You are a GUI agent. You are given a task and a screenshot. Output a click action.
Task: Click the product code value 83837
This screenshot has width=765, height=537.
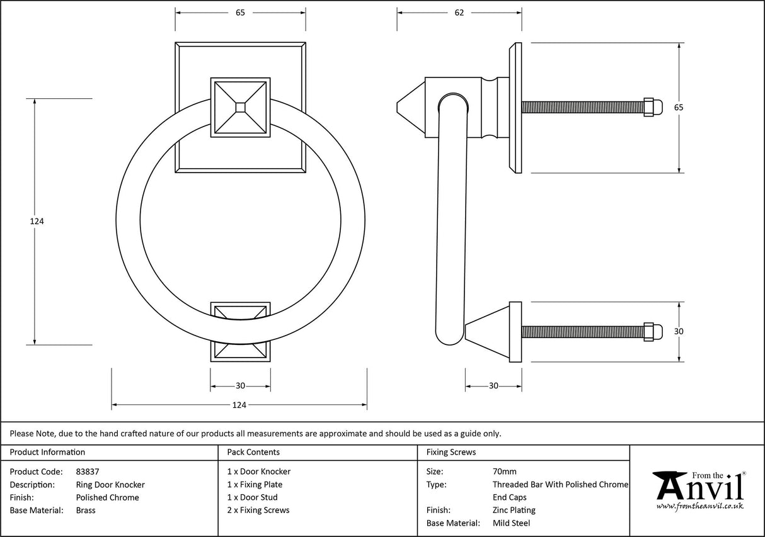(87, 472)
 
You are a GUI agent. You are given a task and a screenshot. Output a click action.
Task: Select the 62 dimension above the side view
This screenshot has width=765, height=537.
(459, 13)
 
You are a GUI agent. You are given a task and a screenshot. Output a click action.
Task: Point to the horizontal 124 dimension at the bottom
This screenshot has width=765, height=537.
(239, 405)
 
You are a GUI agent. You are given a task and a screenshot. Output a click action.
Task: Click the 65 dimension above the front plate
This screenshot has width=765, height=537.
(240, 13)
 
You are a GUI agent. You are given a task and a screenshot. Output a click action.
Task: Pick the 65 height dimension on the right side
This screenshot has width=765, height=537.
(679, 108)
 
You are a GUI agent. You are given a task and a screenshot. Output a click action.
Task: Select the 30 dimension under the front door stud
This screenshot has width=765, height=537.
(240, 387)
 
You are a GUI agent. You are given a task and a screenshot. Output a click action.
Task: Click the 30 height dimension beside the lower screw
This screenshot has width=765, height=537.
(679, 332)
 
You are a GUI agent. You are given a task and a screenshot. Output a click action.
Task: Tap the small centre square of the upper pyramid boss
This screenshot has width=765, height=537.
(240, 108)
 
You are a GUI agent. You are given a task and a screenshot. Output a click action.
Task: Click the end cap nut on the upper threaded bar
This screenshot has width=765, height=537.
(653, 108)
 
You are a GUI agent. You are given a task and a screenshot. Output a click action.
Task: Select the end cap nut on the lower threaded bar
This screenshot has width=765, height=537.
(653, 332)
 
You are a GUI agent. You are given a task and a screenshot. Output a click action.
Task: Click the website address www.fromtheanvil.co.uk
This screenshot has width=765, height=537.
(699, 506)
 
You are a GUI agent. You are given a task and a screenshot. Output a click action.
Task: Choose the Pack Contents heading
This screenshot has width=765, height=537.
(253, 452)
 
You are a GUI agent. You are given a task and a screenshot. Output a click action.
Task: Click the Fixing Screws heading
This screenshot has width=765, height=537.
(451, 452)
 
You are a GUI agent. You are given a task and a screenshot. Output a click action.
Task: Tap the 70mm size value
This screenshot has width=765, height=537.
(504, 472)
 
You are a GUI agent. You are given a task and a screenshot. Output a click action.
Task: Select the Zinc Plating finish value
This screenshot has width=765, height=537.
(514, 511)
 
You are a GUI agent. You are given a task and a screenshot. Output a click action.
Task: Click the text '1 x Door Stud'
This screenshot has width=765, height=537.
(252, 497)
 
